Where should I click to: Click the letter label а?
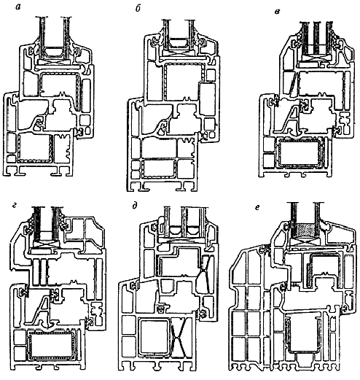[17, 7]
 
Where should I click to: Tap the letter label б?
[138, 9]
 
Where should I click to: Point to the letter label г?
[15, 206]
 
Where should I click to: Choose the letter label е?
[257, 207]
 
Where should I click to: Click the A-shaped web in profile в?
[291, 119]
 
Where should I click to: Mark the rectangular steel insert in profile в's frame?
[300, 152]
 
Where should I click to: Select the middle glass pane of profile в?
[316, 39]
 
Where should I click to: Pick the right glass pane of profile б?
[191, 34]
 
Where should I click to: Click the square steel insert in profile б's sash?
[184, 81]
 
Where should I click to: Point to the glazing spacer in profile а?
[53, 52]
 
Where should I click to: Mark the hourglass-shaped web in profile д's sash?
[205, 274]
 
